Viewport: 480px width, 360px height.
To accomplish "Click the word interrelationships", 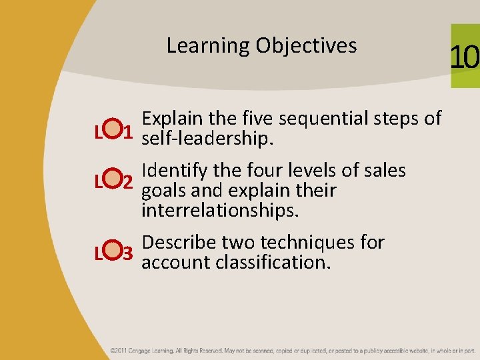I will pyautogui.click(x=220, y=211).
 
